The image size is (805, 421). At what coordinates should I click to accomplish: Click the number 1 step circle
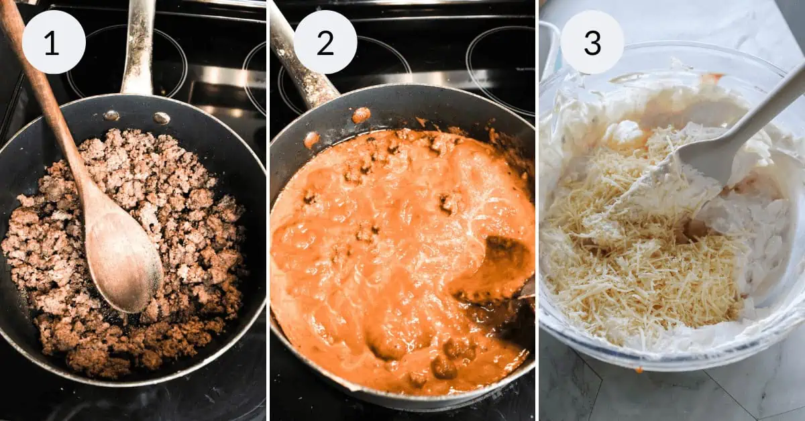click(x=53, y=42)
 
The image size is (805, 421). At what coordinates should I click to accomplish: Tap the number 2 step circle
click(x=325, y=42)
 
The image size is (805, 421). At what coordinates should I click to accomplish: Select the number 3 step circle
click(x=592, y=42)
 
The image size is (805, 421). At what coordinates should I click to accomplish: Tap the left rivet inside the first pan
click(x=111, y=115)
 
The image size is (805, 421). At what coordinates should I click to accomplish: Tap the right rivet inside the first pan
click(x=161, y=118)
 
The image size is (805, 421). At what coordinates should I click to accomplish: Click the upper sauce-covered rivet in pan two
click(x=361, y=115)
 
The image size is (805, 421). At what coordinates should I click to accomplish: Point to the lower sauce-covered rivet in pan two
click(x=311, y=139)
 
